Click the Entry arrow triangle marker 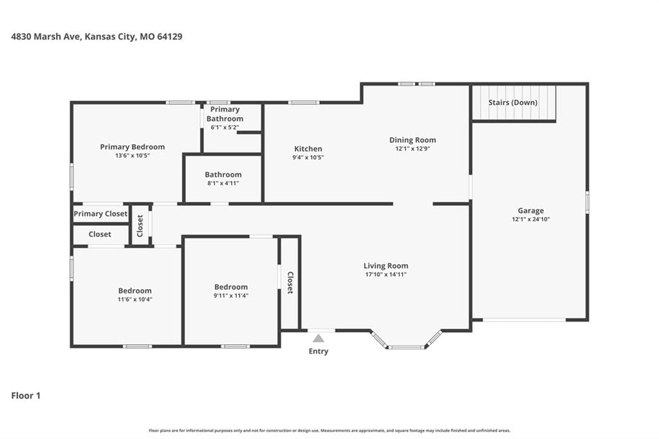[319, 338]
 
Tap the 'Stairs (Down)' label [513, 102]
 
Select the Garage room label [530, 210]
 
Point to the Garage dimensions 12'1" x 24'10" [531, 219]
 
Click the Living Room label [386, 266]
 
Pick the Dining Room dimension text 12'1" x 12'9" [413, 149]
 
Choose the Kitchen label [308, 149]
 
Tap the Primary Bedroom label [133, 147]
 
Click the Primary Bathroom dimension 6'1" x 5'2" [225, 127]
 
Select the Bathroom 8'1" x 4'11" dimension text [223, 183]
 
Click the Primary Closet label [100, 214]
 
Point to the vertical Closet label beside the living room [290, 283]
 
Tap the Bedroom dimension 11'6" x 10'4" [135, 299]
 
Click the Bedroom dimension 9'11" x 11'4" [231, 295]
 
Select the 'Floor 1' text [26, 395]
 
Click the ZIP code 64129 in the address [169, 37]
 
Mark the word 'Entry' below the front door [319, 351]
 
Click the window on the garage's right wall [587, 202]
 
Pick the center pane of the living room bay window [406, 348]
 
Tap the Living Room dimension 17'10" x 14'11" [386, 275]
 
